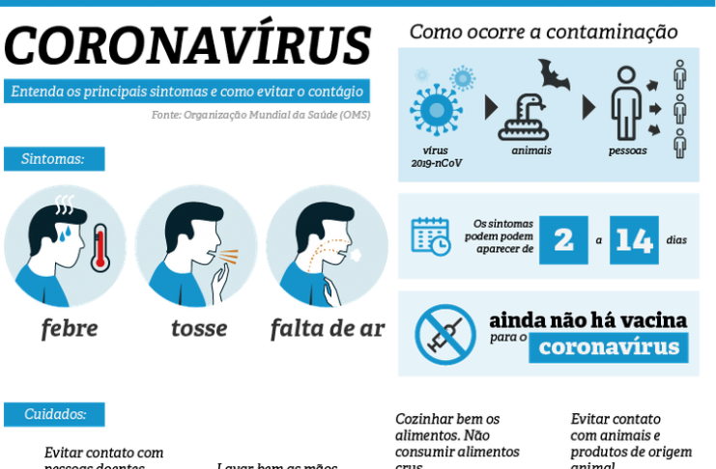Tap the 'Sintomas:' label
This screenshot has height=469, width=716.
pos(53,158)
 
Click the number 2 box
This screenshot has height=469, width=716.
pos(563,240)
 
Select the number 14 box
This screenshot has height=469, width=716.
pos(634,240)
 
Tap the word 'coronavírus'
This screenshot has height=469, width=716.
pos(609,347)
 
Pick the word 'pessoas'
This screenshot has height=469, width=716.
pos(627,152)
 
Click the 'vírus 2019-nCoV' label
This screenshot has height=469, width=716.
pos(436,156)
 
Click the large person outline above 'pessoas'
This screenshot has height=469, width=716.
pos(626,102)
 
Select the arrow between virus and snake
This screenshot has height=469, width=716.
pos(490,107)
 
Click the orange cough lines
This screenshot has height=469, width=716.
pos(229,258)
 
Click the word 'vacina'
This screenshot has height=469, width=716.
pos(656,319)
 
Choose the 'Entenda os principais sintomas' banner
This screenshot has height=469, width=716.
pos(186,93)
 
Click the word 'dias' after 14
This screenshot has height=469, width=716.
pos(676,240)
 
